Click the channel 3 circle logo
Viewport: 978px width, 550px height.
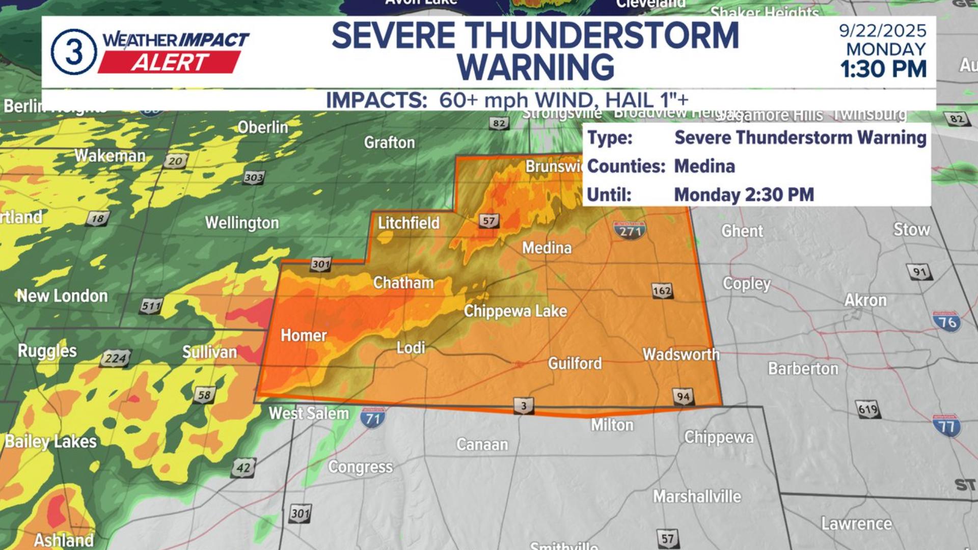[x=74, y=52]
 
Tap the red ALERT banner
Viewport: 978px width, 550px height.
[x=169, y=63]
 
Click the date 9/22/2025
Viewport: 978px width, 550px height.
[x=882, y=31]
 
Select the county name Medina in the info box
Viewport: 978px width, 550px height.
[x=704, y=167]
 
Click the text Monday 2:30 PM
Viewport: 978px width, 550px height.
[x=744, y=195]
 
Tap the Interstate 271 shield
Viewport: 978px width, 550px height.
[x=630, y=231]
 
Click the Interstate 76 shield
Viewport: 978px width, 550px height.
[x=947, y=322]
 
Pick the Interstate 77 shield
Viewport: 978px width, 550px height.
[x=946, y=426]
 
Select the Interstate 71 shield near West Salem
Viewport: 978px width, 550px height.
[x=373, y=418]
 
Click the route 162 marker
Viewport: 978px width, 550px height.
[x=662, y=291]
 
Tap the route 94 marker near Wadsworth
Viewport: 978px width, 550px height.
[x=683, y=397]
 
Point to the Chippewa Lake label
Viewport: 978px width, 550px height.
[x=515, y=311]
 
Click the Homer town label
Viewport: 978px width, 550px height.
[x=304, y=336]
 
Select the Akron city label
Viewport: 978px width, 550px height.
[x=865, y=300]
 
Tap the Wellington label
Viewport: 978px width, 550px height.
[x=242, y=223]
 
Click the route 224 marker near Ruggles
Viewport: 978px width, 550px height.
[x=116, y=359]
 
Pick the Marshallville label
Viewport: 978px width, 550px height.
[x=697, y=496]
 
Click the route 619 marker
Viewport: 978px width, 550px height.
[x=867, y=409]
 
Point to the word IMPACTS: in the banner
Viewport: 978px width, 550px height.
[x=376, y=100]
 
